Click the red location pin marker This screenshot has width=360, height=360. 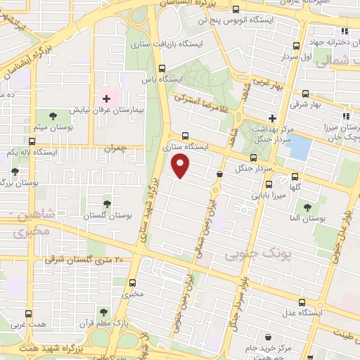(x=181, y=166)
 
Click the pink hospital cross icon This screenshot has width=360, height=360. (x=107, y=98)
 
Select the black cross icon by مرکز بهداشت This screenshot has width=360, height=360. (x=272, y=117)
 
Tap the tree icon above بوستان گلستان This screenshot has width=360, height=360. (x=107, y=203)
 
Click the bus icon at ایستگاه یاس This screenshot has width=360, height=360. (x=162, y=69)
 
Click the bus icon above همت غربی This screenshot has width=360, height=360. (x=29, y=314)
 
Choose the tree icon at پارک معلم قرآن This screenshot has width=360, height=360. (x=103, y=311)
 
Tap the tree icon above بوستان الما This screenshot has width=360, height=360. (x=307, y=207)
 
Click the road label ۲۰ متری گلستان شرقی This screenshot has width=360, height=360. (x=84, y=259)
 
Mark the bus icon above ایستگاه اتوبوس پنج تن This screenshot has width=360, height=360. (x=236, y=11)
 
